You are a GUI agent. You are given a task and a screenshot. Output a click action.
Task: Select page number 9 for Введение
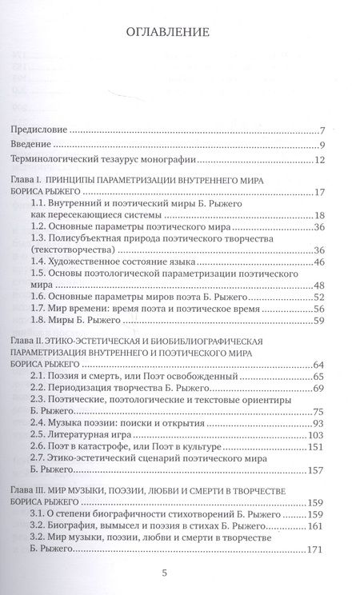point(320,145)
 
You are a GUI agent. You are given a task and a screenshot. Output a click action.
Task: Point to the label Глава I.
point(28,182)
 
